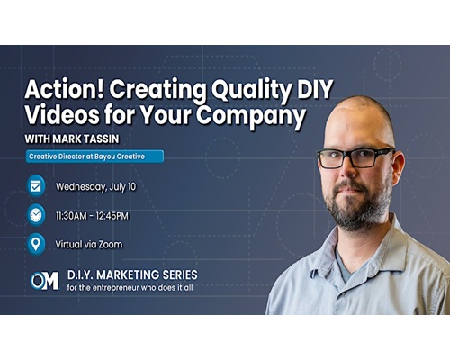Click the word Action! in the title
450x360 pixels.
(x=64, y=89)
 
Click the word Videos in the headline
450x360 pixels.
(x=62, y=114)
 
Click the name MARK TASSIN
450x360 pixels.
(x=85, y=139)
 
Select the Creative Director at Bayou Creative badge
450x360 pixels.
(x=94, y=157)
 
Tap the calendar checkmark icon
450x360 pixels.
(x=36, y=186)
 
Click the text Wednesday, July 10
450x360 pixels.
(x=96, y=187)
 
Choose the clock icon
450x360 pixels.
(x=36, y=215)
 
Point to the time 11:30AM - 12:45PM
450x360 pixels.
(x=92, y=216)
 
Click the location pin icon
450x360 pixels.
(x=36, y=244)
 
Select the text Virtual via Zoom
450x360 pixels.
(x=89, y=245)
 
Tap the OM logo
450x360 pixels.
(x=44, y=281)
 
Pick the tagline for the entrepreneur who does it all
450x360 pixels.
(x=130, y=288)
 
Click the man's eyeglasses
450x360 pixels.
(x=355, y=157)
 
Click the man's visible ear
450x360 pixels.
(x=399, y=168)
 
